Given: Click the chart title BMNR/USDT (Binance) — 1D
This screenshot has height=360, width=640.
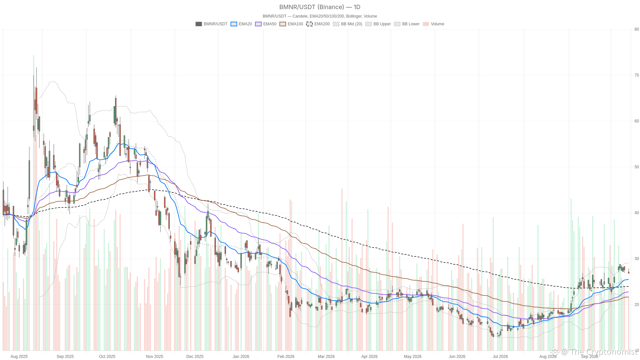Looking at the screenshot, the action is click(x=320, y=7).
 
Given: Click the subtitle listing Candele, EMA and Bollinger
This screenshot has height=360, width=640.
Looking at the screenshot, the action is click(x=320, y=16).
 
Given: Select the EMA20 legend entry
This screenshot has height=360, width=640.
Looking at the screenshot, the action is click(x=241, y=24).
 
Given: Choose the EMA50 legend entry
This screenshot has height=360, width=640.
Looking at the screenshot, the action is click(x=266, y=24).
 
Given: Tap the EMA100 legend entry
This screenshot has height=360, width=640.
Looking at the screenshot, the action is click(x=291, y=24).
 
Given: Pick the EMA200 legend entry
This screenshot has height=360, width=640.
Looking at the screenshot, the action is click(x=318, y=24).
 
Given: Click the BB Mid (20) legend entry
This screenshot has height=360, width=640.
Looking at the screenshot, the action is click(x=348, y=24).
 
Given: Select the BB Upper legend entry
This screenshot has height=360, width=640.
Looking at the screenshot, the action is click(x=378, y=24).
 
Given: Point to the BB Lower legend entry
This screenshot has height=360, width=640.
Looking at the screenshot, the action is click(x=407, y=24).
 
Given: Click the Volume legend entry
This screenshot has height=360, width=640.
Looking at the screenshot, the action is click(x=433, y=24).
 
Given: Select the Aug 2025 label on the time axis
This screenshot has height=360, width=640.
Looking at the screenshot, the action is click(x=19, y=356).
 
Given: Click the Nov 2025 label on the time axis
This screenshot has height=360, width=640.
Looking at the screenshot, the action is click(x=154, y=356).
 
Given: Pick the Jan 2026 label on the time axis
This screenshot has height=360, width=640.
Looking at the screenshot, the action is click(x=241, y=356).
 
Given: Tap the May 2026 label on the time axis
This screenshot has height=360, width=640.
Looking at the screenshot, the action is click(x=412, y=356).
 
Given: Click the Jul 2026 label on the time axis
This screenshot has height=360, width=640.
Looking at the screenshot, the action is click(x=500, y=356).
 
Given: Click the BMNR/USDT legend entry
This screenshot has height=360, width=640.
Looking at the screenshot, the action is click(x=211, y=24).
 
